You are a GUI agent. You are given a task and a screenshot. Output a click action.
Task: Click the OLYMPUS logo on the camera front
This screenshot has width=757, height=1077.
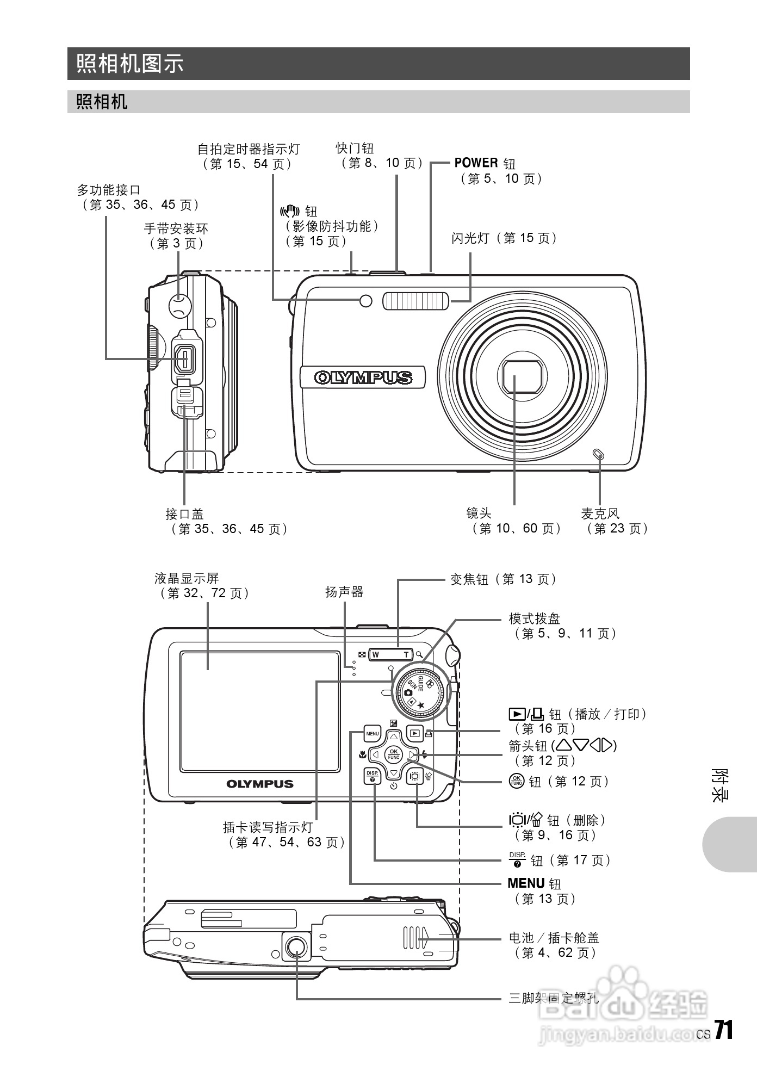click(x=363, y=377)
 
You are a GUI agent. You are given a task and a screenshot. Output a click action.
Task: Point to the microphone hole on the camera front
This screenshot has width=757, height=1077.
click(x=598, y=454)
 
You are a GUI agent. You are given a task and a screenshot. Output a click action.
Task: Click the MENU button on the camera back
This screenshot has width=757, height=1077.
click(x=372, y=733)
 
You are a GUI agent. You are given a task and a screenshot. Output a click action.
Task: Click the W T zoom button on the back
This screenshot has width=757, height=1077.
click(x=390, y=654)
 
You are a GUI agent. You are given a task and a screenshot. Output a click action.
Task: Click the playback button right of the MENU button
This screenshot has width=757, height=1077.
click(x=415, y=733)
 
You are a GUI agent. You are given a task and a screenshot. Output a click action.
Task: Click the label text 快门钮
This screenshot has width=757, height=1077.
click(x=355, y=148)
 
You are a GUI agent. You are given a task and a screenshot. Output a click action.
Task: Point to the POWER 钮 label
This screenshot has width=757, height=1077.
click(x=485, y=163)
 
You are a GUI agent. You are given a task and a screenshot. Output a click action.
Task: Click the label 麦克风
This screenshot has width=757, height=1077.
click(x=600, y=513)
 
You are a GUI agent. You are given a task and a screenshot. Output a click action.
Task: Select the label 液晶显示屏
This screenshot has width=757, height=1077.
click(x=187, y=578)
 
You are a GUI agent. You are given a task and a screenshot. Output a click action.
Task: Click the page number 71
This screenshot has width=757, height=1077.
click(x=723, y=1030)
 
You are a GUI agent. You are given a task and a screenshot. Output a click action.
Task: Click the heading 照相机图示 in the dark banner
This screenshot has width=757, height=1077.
click(x=130, y=64)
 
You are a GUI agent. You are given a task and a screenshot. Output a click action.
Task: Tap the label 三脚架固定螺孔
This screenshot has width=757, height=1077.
click(x=553, y=998)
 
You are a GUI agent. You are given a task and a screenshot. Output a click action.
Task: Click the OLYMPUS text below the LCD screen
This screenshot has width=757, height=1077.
click(x=259, y=784)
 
